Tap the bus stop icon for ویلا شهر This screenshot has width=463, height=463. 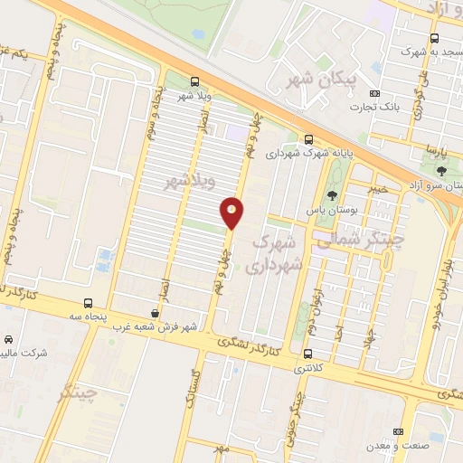point(195,80)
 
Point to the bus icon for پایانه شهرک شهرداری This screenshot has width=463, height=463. point(309,139)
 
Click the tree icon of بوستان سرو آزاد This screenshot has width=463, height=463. point(441,170)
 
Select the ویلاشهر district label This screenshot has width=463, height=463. point(187,183)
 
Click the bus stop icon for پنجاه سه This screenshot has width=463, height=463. point(88,303)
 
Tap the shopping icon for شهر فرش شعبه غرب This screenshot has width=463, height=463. point(155,313)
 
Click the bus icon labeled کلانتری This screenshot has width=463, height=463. point(308,354)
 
